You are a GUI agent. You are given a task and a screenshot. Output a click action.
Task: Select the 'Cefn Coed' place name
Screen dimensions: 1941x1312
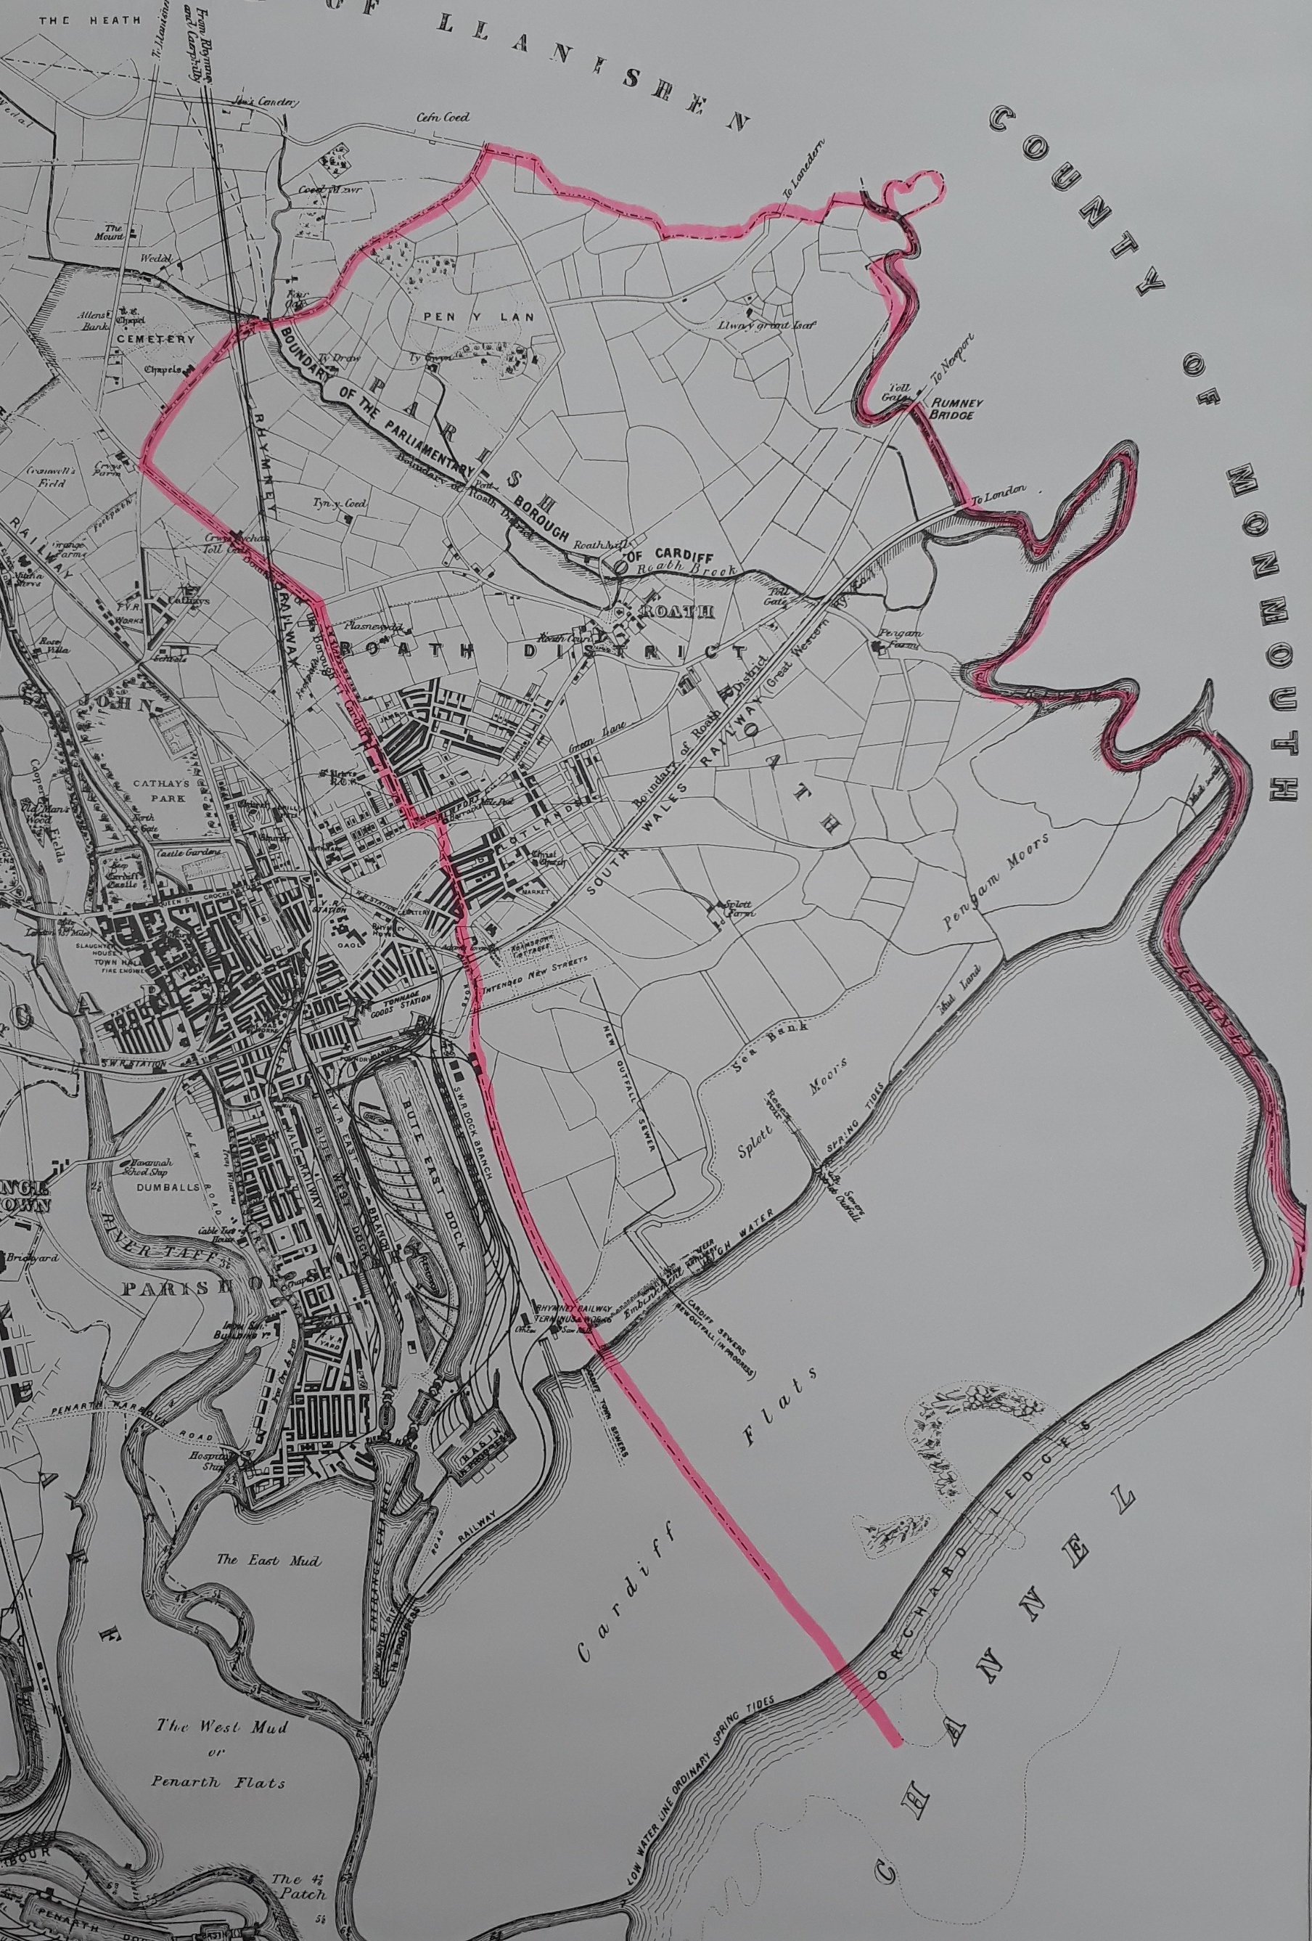441,118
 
